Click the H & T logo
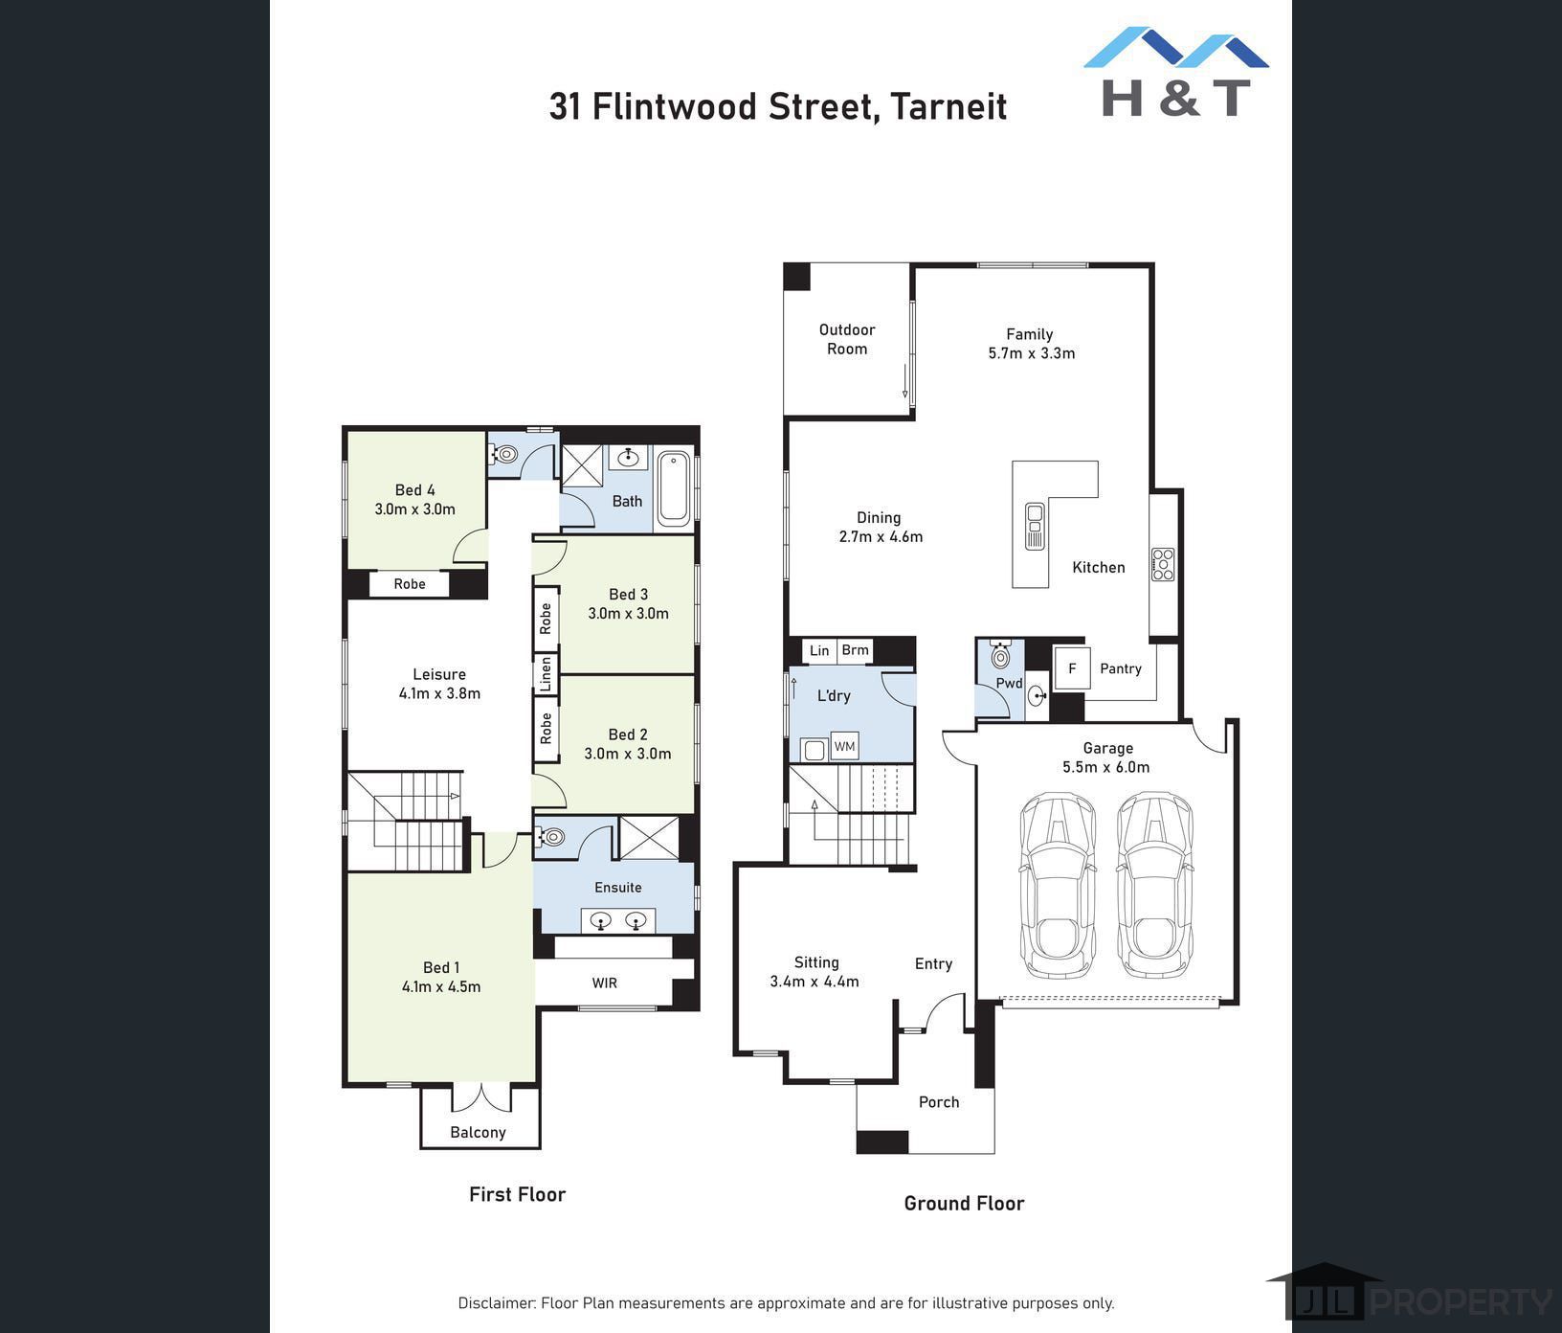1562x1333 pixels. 1176,72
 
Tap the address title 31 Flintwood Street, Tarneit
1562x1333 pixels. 778,106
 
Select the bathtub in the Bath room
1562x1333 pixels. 674,489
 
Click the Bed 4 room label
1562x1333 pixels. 415,490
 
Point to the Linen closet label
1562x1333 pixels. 546,674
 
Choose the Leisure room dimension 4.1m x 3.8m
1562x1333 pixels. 439,693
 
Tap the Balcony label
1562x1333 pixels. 479,1132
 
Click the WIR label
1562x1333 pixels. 605,983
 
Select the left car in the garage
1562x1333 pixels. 1058,885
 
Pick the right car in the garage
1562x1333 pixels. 1155,885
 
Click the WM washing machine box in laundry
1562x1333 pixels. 844,746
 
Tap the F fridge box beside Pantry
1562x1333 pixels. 1072,668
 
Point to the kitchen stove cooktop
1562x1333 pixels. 1163,564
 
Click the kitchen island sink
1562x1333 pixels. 1035,526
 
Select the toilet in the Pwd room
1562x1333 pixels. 1000,655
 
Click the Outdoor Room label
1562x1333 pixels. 847,339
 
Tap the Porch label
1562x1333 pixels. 939,1102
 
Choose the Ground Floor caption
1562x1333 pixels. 964,1204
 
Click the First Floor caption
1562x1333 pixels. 517,1194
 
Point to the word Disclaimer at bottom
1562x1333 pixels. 497,1303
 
